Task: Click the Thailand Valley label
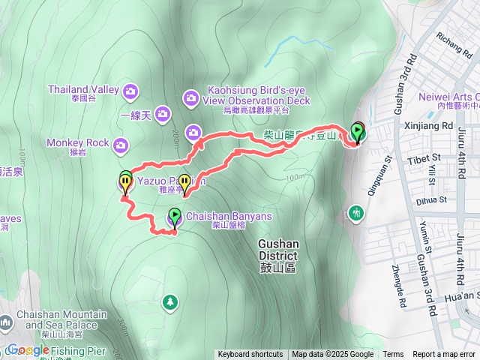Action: [x=83, y=89]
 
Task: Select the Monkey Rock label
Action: [x=77, y=142]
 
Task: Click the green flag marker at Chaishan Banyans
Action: [x=174, y=217]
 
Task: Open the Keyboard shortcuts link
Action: [x=250, y=355]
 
